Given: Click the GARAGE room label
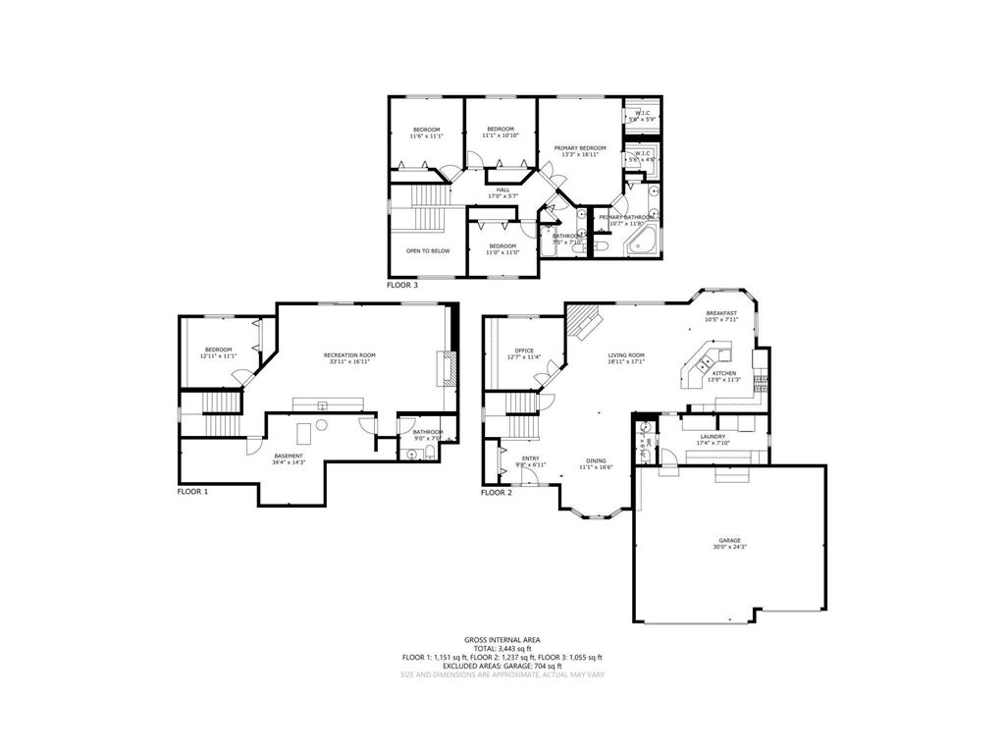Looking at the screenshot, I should [x=728, y=540].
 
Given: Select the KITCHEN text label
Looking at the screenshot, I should [x=724, y=374].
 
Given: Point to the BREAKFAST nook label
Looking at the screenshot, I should [x=721, y=313].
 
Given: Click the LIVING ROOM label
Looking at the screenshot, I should [x=625, y=354].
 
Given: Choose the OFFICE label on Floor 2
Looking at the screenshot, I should [x=524, y=350].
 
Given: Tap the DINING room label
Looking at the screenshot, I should [x=596, y=460].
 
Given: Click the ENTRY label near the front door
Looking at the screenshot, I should [x=530, y=458].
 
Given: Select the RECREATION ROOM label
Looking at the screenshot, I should [x=349, y=354].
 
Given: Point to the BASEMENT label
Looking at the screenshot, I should [x=289, y=456].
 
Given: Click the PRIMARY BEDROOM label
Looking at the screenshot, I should [x=580, y=148].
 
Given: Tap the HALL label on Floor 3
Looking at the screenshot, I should [x=502, y=189].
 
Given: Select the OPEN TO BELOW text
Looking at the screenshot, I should [x=428, y=250].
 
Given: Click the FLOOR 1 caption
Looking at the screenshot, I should [x=192, y=491].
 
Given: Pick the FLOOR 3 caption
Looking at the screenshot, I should [x=402, y=285].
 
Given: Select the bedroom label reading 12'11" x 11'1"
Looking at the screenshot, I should [x=218, y=356].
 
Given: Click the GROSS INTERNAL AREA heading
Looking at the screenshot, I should [x=502, y=639].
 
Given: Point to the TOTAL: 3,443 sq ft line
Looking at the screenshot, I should [x=502, y=648].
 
